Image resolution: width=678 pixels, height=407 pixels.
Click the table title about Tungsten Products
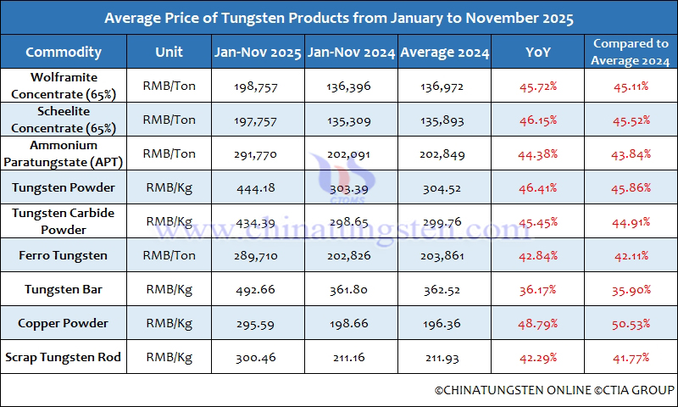(x=339, y=18)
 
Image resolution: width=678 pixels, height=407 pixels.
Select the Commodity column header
(x=64, y=53)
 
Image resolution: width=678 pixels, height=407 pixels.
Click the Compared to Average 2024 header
(x=631, y=53)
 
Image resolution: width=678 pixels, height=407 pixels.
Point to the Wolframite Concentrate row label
(x=64, y=86)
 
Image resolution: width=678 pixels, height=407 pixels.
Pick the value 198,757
(x=258, y=86)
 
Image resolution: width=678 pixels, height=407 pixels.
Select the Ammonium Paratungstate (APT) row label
(x=64, y=153)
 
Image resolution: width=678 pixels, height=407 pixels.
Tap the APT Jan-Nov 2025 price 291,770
(x=258, y=154)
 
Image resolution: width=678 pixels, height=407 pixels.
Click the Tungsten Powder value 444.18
(x=258, y=188)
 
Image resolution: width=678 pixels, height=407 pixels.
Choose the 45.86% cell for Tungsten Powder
(x=631, y=188)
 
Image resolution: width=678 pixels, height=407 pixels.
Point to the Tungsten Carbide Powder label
(x=64, y=221)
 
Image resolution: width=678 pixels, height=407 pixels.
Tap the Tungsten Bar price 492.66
(x=258, y=290)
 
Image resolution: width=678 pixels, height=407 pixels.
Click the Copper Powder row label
(x=64, y=324)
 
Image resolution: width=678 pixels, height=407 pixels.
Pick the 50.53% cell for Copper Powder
(x=631, y=324)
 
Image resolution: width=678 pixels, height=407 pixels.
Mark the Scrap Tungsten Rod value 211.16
(x=351, y=358)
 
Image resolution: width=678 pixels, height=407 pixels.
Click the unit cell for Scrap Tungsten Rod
(x=169, y=358)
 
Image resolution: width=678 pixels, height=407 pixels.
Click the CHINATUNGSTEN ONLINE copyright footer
(x=554, y=390)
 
